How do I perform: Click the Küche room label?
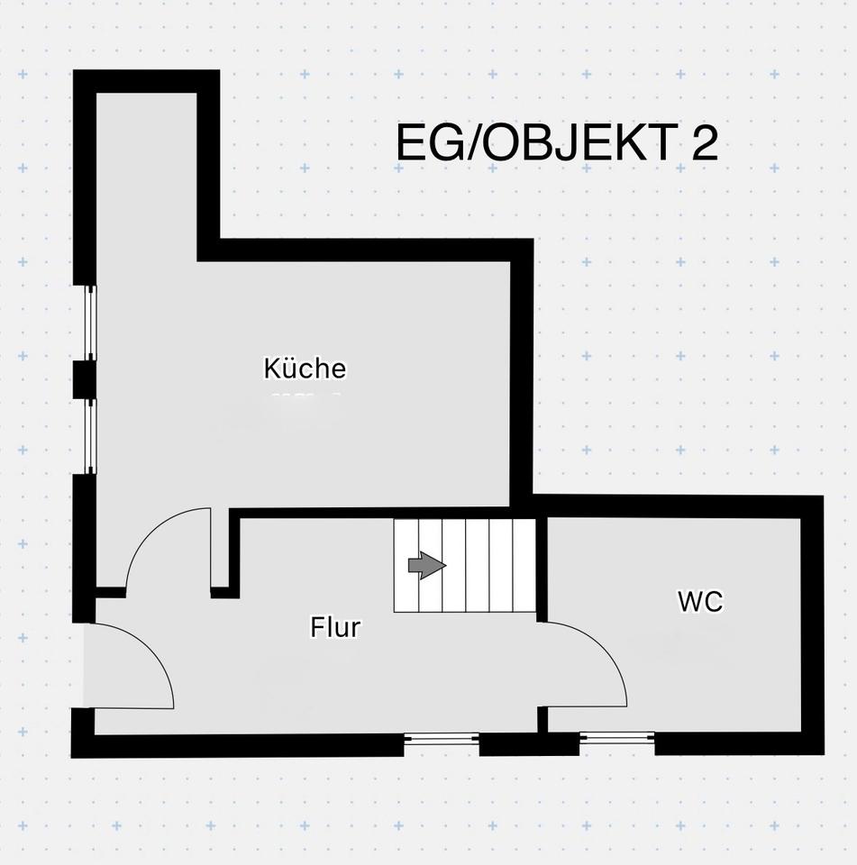point(305,369)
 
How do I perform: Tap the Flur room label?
point(335,627)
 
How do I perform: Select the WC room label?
point(700,602)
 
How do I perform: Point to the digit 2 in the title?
point(705,144)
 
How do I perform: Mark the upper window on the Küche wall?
point(90,323)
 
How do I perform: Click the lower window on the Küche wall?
point(90,436)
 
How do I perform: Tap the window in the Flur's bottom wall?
point(442,740)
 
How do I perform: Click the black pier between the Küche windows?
point(84,379)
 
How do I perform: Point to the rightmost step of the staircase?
point(524,566)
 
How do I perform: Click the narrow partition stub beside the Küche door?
point(221,550)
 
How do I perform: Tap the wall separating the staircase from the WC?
point(542,568)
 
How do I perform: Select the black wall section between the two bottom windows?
point(528,744)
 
